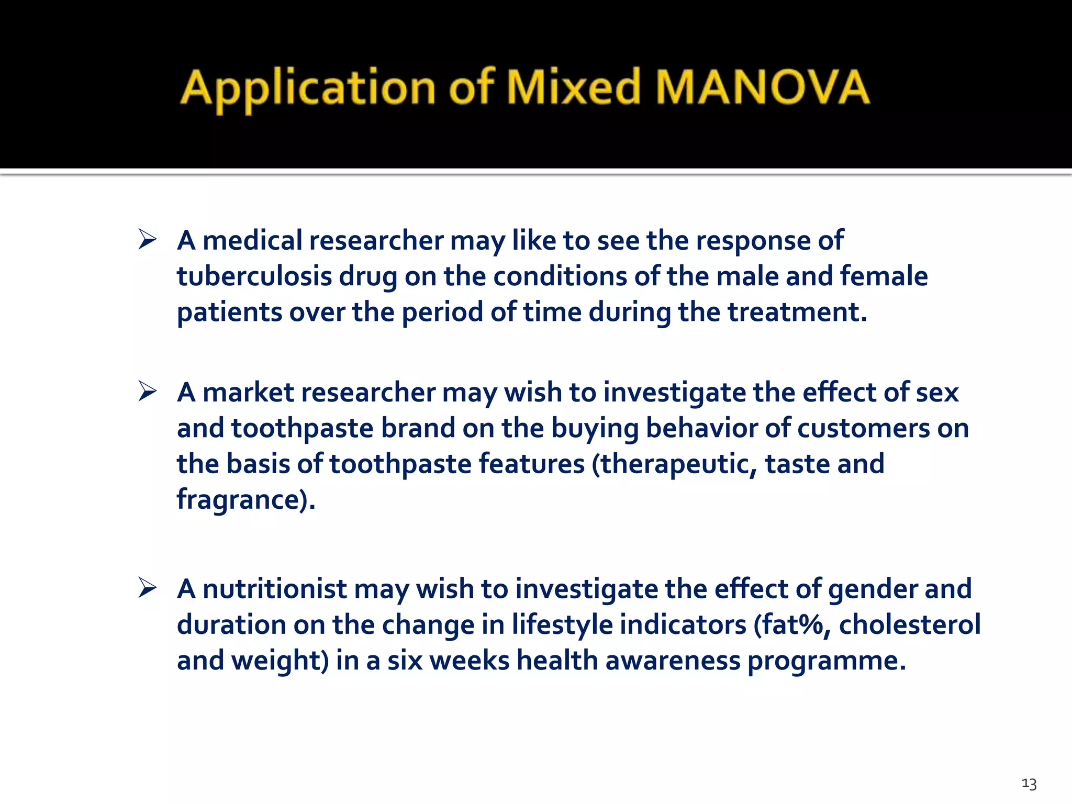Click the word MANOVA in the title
762,87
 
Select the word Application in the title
308,89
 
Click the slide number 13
1029,784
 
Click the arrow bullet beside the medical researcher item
148,240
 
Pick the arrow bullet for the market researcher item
148,392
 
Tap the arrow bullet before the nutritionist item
148,588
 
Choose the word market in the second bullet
248,392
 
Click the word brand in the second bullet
418,428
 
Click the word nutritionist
274,588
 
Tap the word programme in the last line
826,661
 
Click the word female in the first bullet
884,276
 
